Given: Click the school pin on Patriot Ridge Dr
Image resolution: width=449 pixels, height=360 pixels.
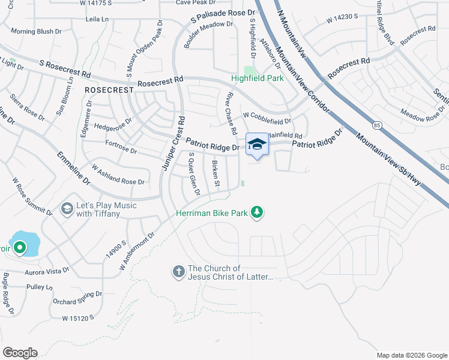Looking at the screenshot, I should pyautogui.click(x=258, y=145).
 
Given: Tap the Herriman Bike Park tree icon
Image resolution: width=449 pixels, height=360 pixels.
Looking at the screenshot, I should pyautogui.click(x=257, y=212).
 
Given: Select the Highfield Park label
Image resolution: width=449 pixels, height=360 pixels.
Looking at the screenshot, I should pyautogui.click(x=258, y=79).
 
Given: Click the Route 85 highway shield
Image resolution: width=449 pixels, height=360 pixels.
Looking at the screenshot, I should pyautogui.click(x=376, y=125).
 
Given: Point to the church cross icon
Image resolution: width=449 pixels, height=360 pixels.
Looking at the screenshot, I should pyautogui.click(x=178, y=272).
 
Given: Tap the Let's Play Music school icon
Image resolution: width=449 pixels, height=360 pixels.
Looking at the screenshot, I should pyautogui.click(x=67, y=208).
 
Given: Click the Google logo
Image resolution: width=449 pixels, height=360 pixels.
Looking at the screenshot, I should pyautogui.click(x=20, y=352).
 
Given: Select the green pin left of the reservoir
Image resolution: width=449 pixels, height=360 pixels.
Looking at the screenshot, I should pyautogui.click(x=19, y=247).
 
